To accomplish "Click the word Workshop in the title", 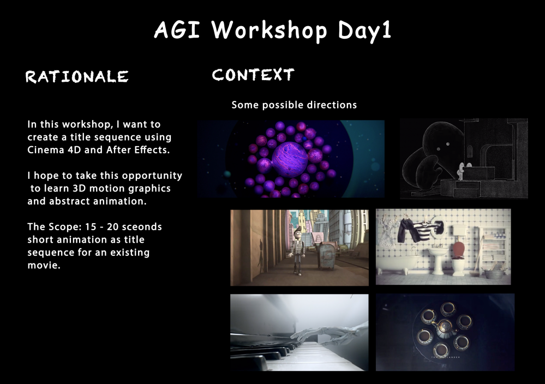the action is click(269, 30).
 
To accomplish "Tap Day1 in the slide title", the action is click(365, 31).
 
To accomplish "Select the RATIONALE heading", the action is click(77, 77).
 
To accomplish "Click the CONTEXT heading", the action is click(253, 75).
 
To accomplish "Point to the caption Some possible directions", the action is click(294, 105).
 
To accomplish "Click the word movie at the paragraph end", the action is click(43, 265).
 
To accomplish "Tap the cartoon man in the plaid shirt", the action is click(297, 250).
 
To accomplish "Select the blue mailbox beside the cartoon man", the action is click(326, 256).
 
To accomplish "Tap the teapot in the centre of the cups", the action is click(444, 328).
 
